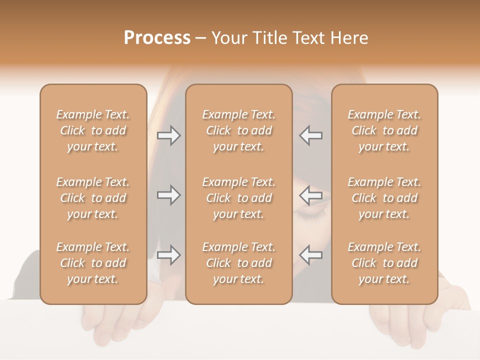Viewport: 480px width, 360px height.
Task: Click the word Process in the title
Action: point(157,38)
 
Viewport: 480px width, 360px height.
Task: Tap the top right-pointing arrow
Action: point(168,135)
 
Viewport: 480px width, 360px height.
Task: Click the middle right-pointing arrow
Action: point(168,195)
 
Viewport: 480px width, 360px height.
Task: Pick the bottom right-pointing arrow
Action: point(168,255)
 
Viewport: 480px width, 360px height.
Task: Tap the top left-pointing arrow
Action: point(311,135)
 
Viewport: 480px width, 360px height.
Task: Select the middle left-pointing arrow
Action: point(311,195)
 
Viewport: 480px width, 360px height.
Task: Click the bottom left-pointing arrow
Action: point(311,255)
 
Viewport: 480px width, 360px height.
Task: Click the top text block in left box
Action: point(93,130)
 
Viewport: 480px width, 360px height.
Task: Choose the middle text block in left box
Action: point(93,198)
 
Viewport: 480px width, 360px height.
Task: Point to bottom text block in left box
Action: point(93,263)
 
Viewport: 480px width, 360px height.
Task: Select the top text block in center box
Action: point(238,130)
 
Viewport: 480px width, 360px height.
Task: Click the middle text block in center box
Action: point(238,198)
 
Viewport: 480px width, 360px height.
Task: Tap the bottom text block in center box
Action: point(238,263)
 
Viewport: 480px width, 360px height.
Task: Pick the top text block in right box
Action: point(384,130)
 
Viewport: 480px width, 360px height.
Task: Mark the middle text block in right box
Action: point(384,198)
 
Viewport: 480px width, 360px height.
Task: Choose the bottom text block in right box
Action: point(384,263)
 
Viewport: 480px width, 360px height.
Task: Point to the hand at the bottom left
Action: point(110,327)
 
